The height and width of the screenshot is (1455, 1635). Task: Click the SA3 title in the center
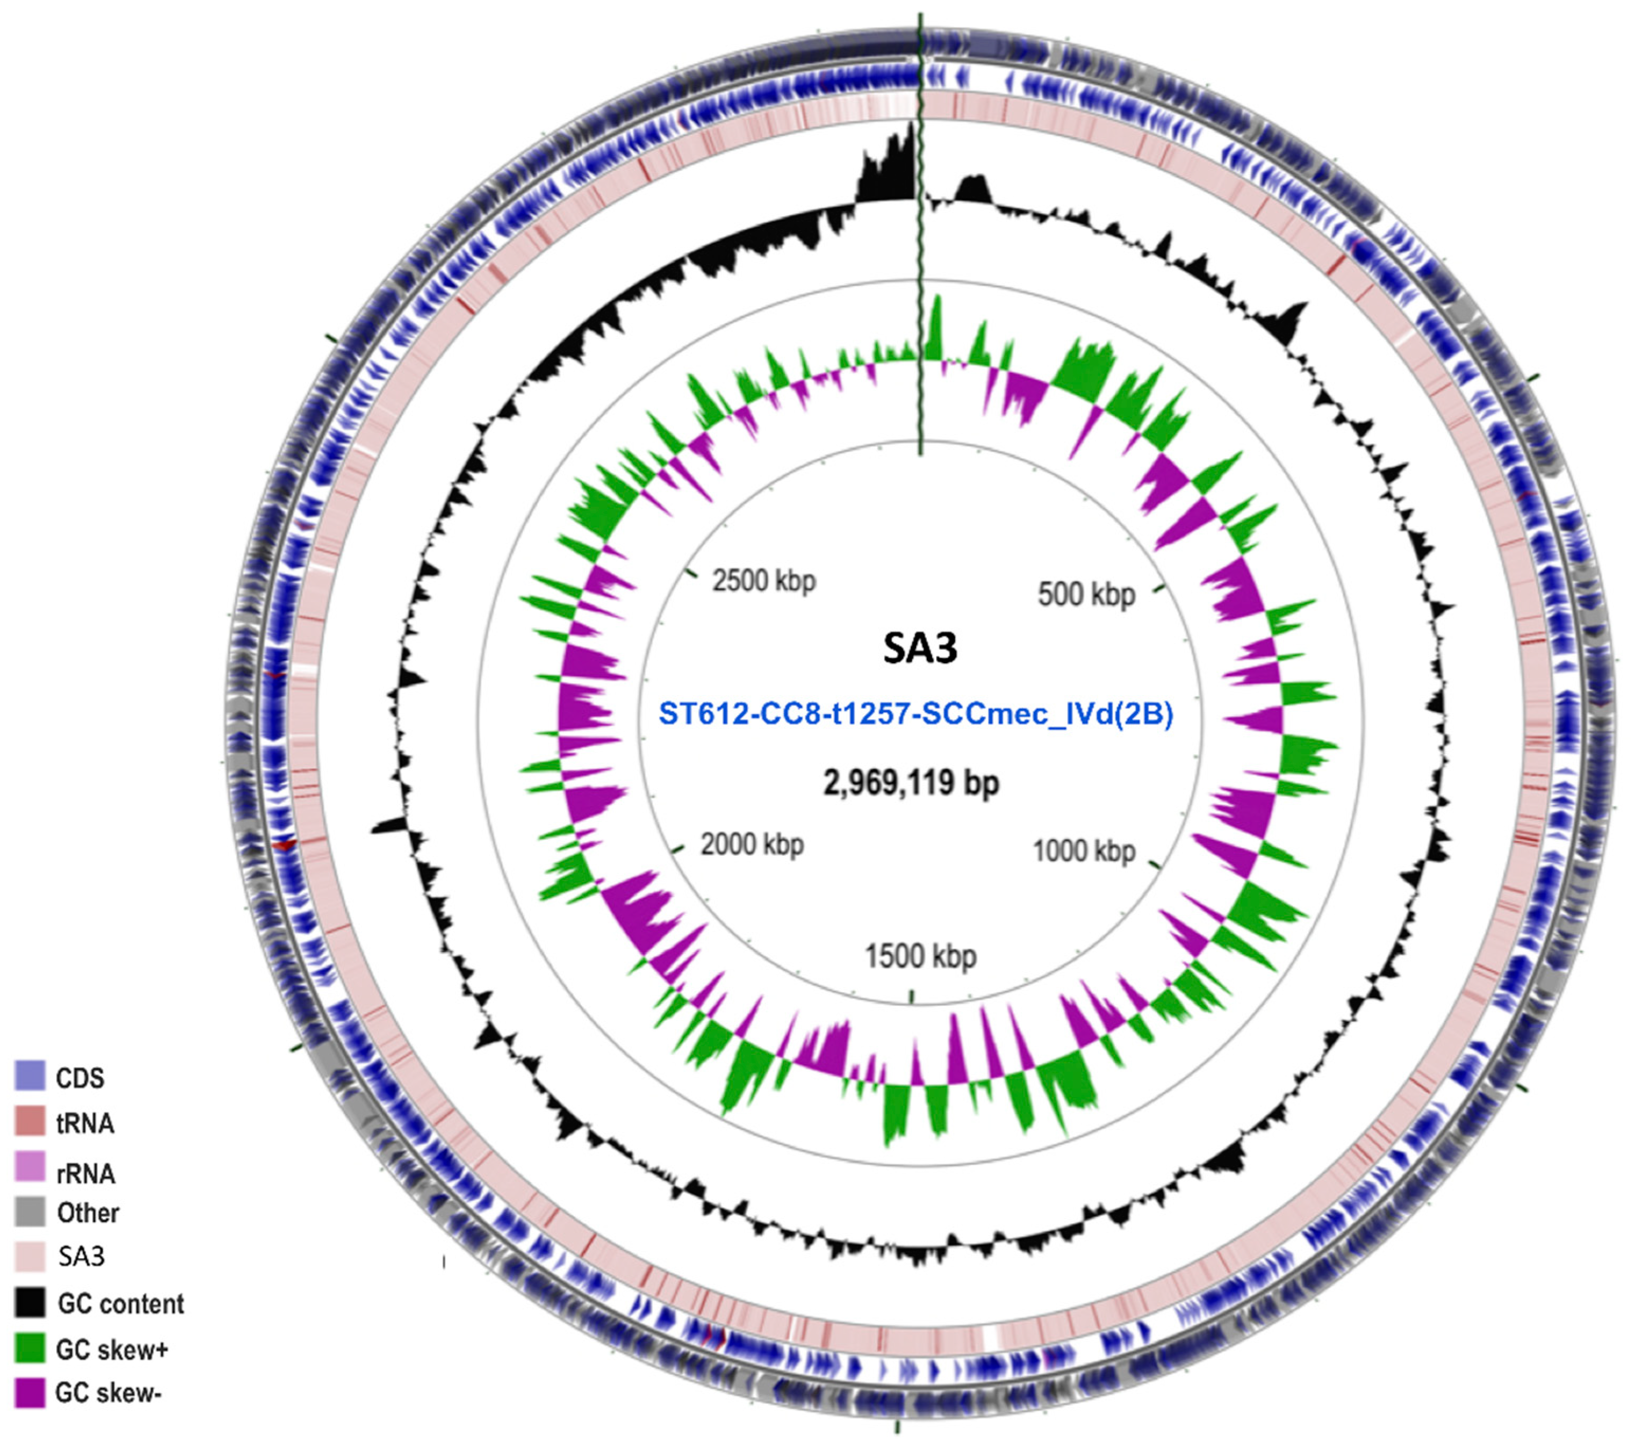(920, 648)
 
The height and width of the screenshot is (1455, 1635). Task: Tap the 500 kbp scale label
(1086, 595)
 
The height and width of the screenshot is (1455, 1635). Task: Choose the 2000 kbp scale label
(752, 845)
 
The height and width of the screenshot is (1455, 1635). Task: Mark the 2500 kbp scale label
(764, 581)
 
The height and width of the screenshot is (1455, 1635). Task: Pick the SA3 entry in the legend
(81, 1257)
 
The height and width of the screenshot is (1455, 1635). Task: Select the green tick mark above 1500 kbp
(912, 996)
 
